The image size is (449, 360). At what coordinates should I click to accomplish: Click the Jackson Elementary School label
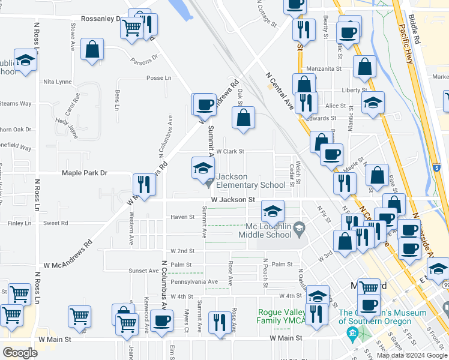(251, 181)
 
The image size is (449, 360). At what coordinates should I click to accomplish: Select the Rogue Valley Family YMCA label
(282, 316)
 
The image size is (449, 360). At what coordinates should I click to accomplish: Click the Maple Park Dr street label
(85, 173)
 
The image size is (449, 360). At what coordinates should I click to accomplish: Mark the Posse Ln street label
(159, 78)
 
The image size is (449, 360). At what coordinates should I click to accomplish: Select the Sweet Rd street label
(56, 223)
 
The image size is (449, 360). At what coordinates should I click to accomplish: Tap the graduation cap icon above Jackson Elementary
(203, 167)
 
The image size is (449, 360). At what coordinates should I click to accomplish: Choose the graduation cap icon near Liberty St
(373, 103)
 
